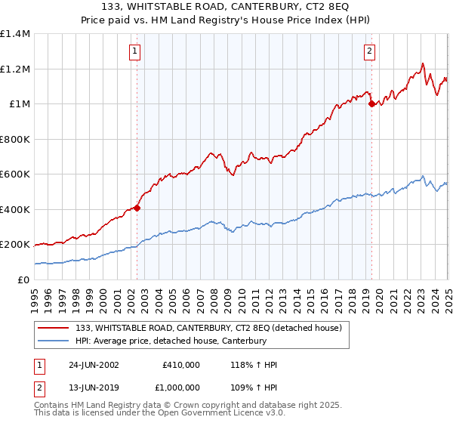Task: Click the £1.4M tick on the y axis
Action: coord(15,34)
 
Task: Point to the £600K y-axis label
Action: coord(15,174)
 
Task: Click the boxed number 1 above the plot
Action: coord(135,51)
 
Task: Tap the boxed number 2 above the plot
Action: coord(369,51)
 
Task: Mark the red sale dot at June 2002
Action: coord(137,208)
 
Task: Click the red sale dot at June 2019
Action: coord(371,104)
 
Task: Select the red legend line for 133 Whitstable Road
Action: coord(53,328)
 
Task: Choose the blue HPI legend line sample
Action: coord(53,341)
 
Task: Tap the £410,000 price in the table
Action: coord(180,365)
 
